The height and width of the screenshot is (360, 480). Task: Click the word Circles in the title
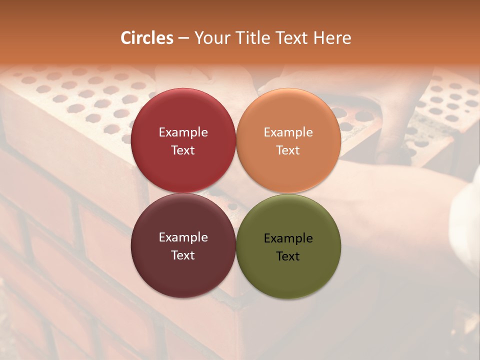[147, 38]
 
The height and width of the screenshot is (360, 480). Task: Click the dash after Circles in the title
[183, 38]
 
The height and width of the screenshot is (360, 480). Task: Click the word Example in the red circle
[183, 132]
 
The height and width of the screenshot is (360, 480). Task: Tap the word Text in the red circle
[183, 150]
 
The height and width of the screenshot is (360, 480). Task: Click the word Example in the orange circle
[288, 132]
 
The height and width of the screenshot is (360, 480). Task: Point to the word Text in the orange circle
[288, 150]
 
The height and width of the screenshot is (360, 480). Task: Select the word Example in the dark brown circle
[183, 237]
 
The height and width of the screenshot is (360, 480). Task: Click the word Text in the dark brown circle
[183, 255]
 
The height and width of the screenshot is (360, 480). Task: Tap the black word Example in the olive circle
[288, 238]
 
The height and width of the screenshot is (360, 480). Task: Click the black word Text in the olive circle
[288, 256]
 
